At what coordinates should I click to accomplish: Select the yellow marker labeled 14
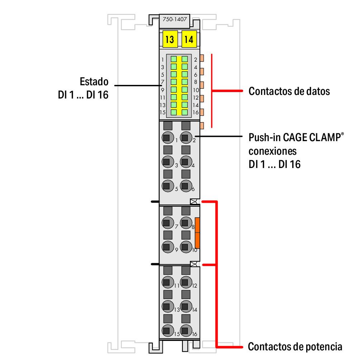point(189,39)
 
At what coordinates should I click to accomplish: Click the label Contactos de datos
point(289,91)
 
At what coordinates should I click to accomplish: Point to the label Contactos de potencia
point(295,347)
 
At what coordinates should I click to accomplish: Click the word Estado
point(94,82)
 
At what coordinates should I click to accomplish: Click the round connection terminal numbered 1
point(166,137)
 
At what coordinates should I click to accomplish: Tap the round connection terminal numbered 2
point(185,137)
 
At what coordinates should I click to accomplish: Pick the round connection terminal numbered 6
point(185,186)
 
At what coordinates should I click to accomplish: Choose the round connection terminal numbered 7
point(166,223)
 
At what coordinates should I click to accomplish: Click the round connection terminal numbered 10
point(185,246)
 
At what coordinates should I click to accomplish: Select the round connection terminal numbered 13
point(166,306)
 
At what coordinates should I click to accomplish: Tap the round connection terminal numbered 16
point(185,330)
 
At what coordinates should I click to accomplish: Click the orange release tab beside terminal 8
point(197,232)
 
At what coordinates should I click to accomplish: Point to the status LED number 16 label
point(196,112)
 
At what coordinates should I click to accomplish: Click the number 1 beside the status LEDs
point(162,59)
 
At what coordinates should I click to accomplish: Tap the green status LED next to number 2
point(185,59)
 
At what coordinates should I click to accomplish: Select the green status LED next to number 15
point(174,112)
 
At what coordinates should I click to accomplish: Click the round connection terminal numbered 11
point(166,282)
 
